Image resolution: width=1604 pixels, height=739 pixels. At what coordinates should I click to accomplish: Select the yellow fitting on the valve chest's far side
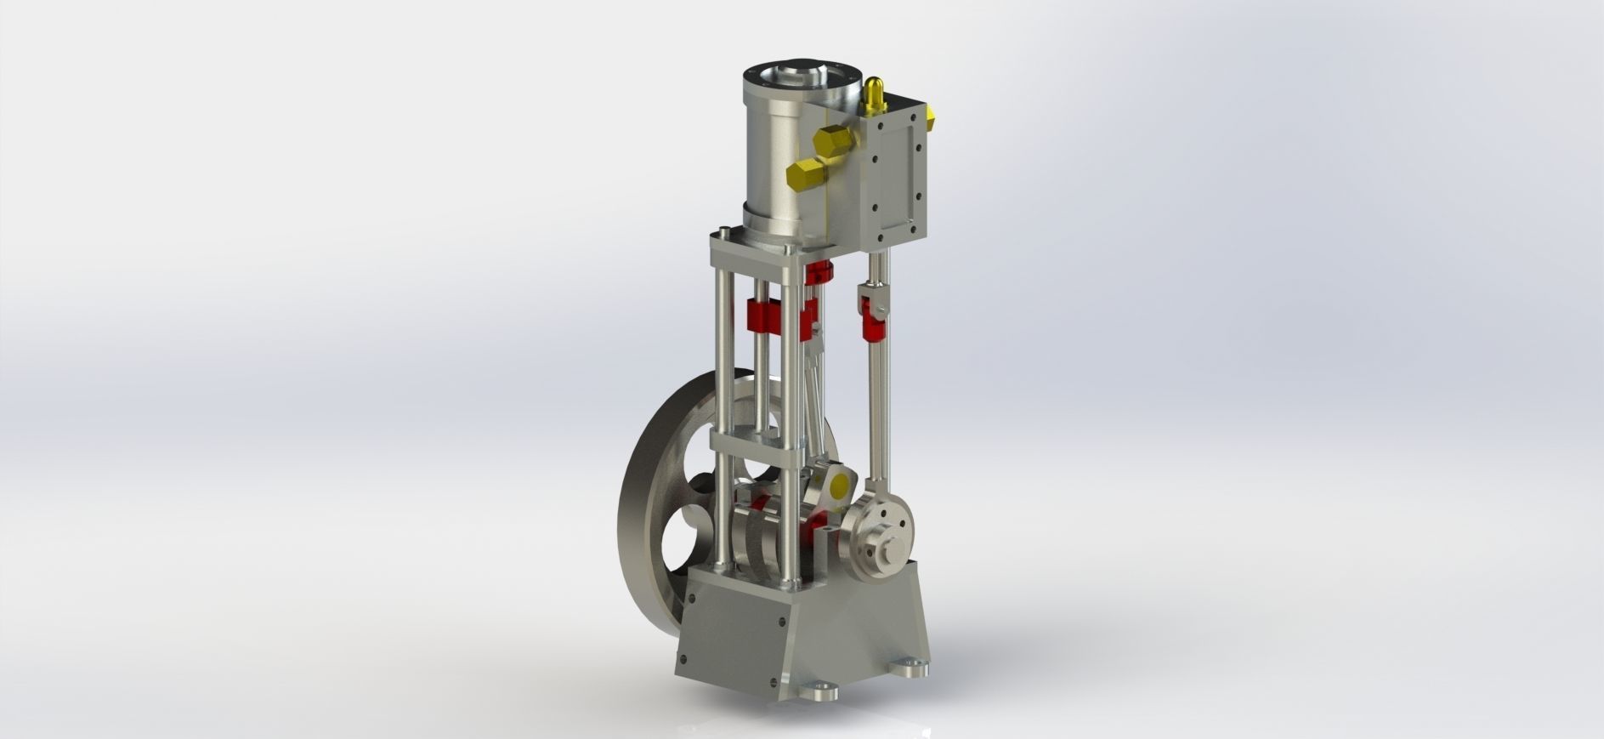click(931, 114)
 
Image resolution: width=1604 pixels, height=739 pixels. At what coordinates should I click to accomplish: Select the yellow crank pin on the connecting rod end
click(837, 486)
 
